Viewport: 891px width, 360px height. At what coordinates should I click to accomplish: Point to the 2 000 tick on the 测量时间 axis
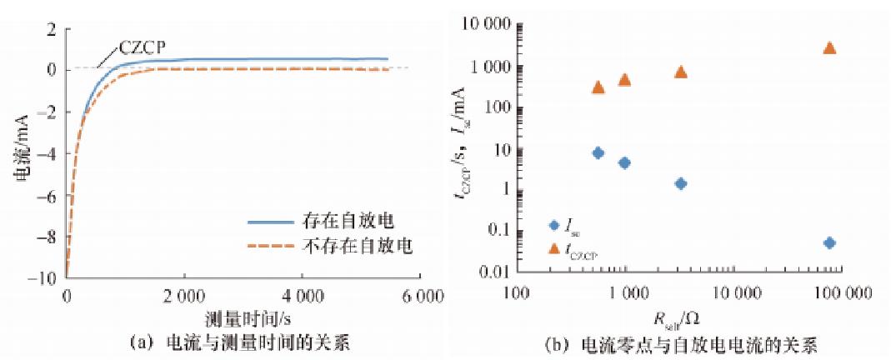click(183, 296)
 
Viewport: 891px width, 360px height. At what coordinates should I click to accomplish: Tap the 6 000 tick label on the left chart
click(418, 296)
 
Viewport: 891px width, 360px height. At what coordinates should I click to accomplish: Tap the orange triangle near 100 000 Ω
click(828, 47)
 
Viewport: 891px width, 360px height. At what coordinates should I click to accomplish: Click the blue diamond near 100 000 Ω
click(828, 242)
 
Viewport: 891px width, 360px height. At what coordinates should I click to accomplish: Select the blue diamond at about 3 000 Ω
click(680, 183)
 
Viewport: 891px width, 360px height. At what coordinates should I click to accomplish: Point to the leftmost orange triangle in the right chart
click(598, 87)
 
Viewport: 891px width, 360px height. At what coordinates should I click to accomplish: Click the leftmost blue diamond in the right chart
click(598, 152)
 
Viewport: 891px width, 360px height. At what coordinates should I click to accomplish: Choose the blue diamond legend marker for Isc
click(554, 225)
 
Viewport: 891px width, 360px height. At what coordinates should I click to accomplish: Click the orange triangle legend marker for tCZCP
click(554, 247)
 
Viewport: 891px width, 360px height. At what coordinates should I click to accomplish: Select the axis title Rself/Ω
click(677, 317)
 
